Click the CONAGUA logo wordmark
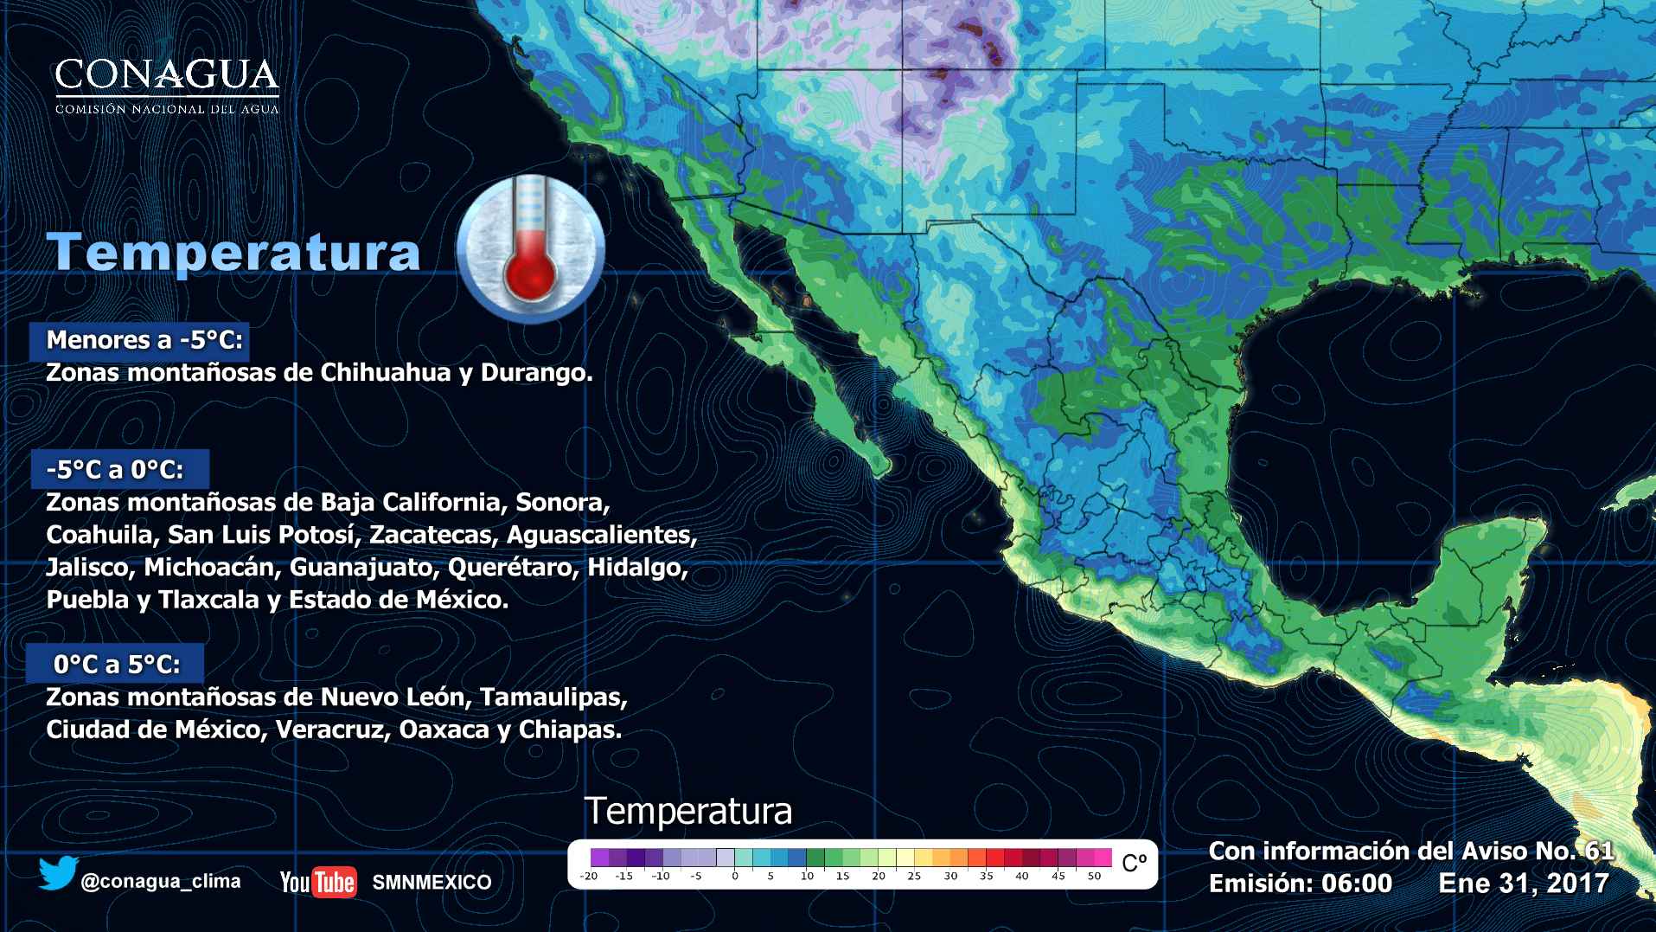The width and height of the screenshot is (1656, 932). [x=167, y=78]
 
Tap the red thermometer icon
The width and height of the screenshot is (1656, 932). [x=529, y=252]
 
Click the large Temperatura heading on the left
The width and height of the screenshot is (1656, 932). [x=234, y=252]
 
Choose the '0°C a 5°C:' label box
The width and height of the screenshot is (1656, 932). [x=117, y=665]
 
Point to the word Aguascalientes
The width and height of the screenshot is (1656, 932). [x=601, y=535]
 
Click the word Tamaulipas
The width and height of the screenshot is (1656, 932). [x=553, y=697]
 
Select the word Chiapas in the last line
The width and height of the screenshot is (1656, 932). [x=570, y=730]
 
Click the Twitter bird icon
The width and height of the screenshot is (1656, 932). [x=57, y=874]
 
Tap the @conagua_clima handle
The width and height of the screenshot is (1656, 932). [x=161, y=882]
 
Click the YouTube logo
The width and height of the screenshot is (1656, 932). [x=317, y=882]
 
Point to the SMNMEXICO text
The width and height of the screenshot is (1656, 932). [x=432, y=883]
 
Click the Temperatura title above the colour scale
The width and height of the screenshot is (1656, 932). [x=688, y=812]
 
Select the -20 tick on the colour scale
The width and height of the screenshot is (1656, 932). [x=589, y=877]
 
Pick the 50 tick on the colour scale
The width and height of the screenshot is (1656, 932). [x=1094, y=877]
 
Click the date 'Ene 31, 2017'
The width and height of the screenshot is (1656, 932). [x=1523, y=884]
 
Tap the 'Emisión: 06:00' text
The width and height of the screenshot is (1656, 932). [x=1300, y=884]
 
